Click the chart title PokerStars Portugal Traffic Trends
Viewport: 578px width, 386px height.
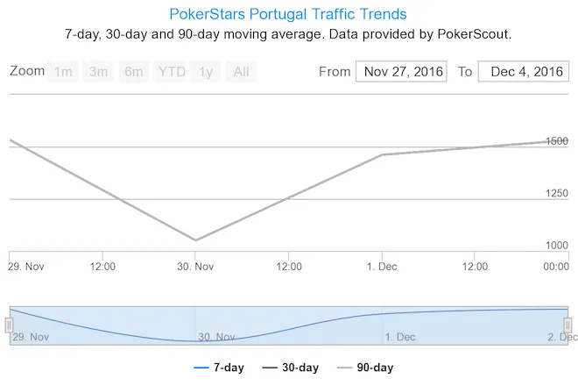288,15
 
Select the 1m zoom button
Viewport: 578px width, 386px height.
63,72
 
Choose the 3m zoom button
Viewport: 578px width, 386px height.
98,72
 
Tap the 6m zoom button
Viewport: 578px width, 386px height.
133,72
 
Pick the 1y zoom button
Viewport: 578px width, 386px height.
206,72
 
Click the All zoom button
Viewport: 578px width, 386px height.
240,72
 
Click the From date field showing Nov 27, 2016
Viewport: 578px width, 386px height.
401,72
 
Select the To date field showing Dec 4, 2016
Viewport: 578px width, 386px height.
524,72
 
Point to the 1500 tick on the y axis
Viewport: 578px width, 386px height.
556,140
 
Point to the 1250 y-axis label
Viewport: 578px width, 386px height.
556,193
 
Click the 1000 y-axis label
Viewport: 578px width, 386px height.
556,246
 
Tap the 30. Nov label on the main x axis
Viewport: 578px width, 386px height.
195,267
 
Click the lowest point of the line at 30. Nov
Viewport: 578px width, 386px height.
195,239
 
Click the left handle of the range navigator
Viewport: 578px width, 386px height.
10,325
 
